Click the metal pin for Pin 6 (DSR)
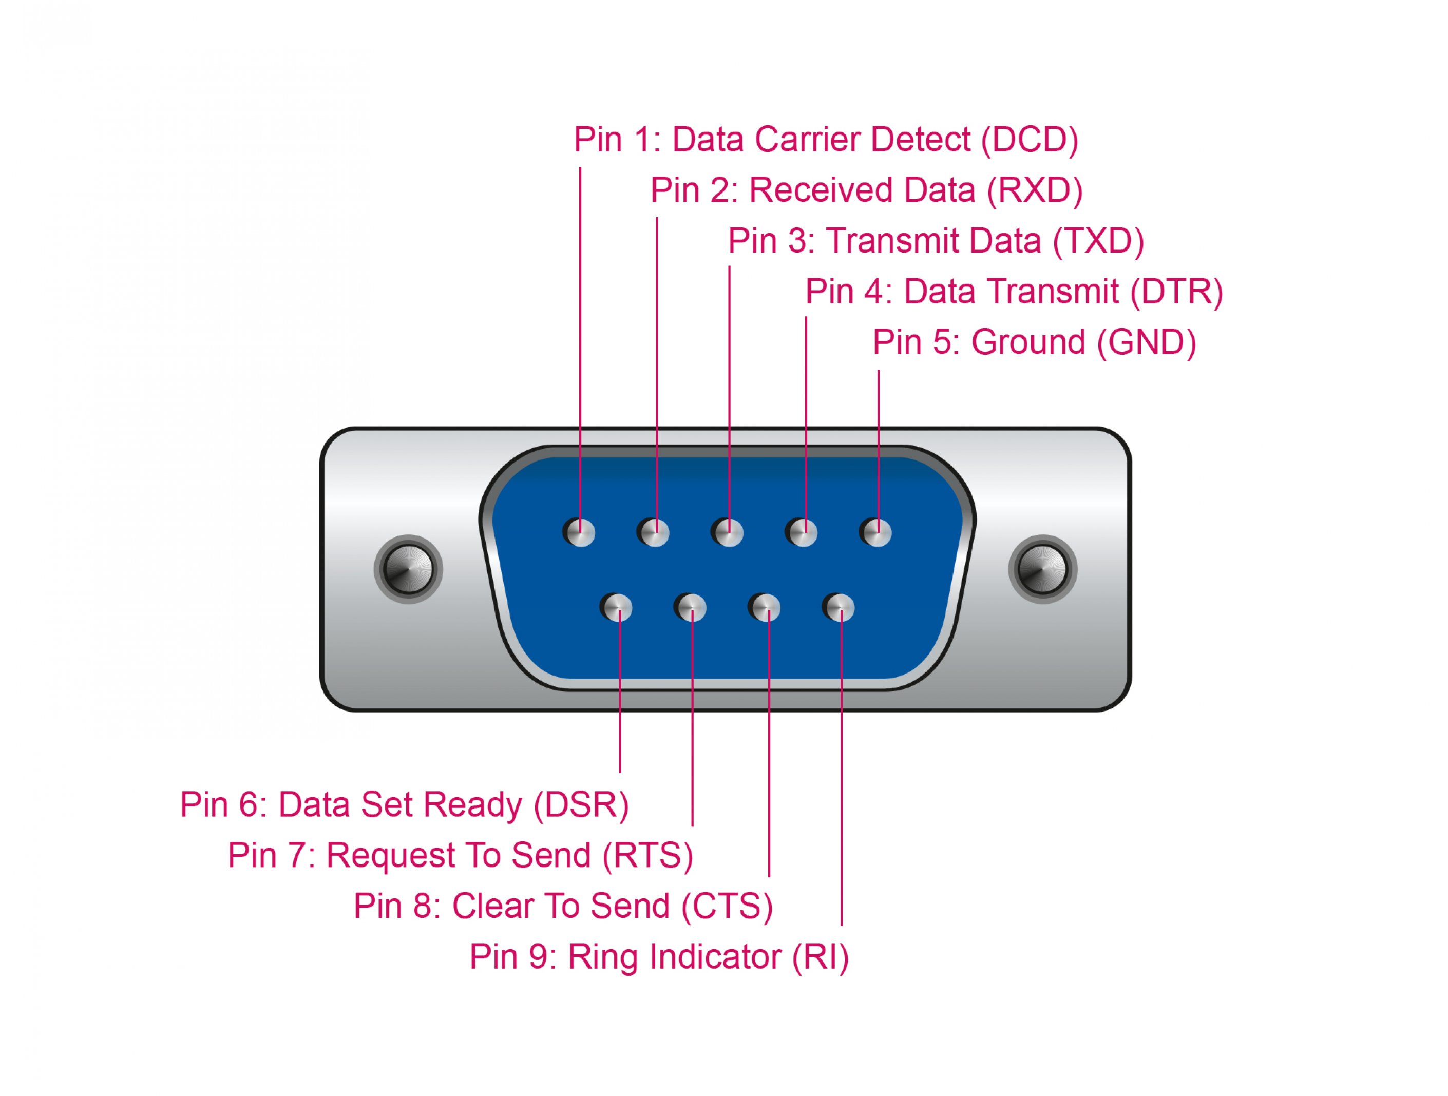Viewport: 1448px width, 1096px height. (x=617, y=608)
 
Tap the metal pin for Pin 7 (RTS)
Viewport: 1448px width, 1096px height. (x=691, y=608)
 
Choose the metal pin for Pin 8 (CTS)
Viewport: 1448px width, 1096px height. (x=765, y=608)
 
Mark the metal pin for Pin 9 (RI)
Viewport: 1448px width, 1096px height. (x=839, y=608)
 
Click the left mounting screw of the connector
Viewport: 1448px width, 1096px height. (x=408, y=569)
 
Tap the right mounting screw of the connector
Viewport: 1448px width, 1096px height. (x=1043, y=569)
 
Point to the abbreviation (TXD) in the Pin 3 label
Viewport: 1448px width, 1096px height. (x=1098, y=241)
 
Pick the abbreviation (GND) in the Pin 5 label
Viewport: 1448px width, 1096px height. (x=1146, y=343)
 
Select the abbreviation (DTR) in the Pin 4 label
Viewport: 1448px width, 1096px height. (x=1176, y=292)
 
